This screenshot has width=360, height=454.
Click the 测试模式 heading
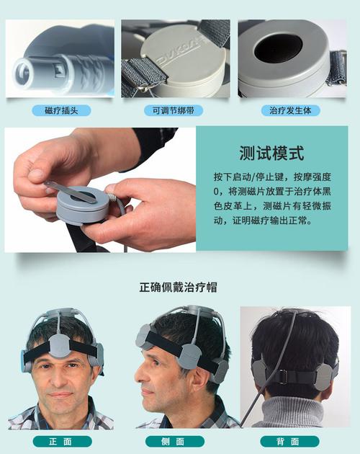tap(271, 153)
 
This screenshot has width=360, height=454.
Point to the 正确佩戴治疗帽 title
tap(178, 287)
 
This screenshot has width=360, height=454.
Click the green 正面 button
tap(62, 441)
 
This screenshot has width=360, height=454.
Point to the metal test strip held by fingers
tap(68, 190)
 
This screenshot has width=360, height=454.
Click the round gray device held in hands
tap(83, 209)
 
